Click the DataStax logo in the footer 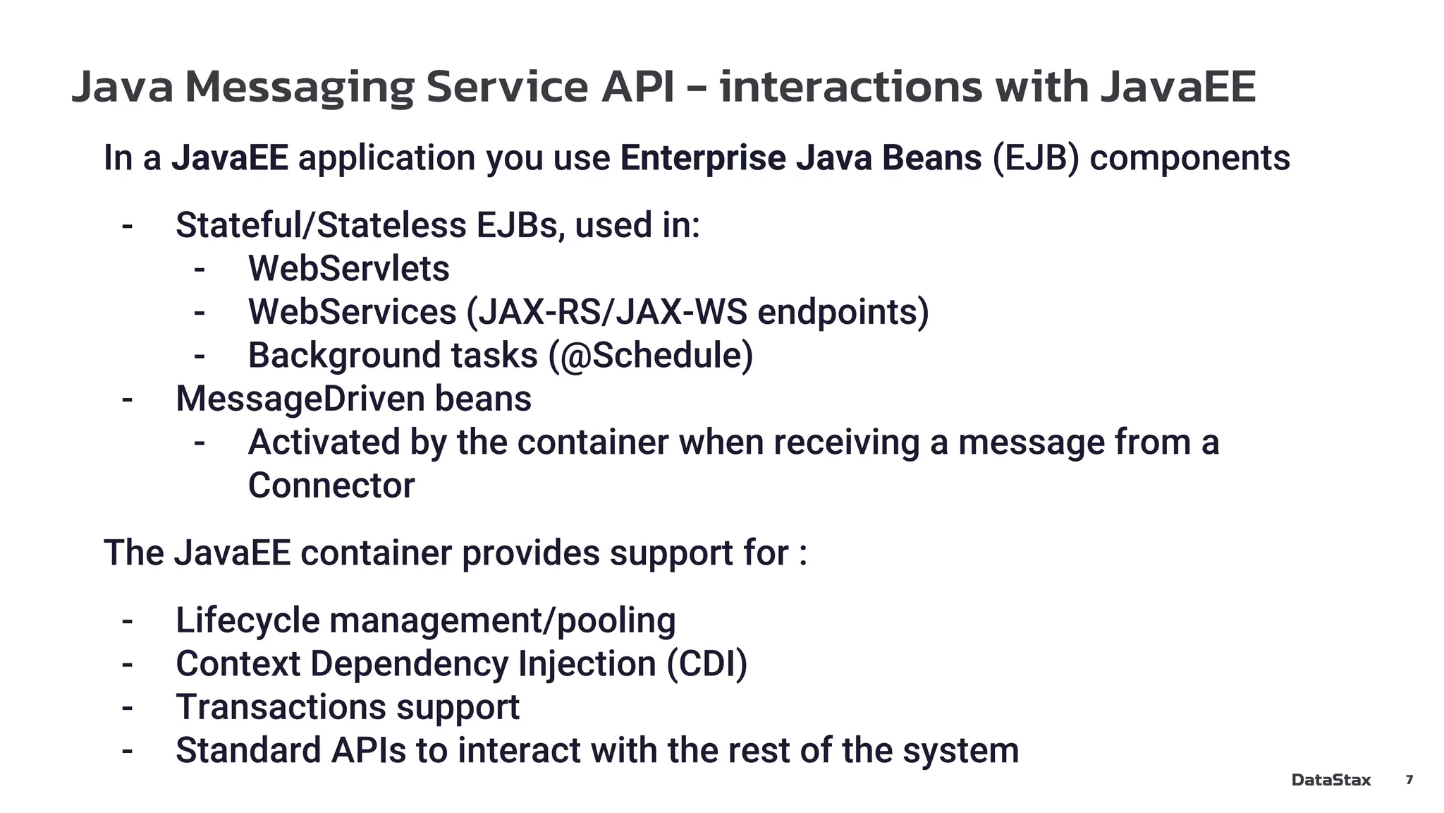(1330, 780)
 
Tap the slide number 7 (1409, 779)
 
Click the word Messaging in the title (299, 87)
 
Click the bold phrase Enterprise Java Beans (800, 157)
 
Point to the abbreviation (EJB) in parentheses (1035, 157)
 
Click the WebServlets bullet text (348, 268)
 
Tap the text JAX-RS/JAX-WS (611, 312)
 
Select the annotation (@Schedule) (651, 355)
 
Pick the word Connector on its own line (331, 486)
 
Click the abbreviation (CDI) (706, 663)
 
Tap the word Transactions (280, 707)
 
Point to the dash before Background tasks (200, 356)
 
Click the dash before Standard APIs (127, 750)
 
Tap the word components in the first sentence (1189, 157)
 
